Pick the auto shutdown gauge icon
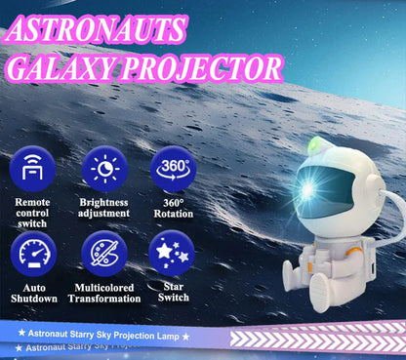pyautogui.click(x=32, y=254)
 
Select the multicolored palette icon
pyautogui.click(x=103, y=254)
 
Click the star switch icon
pyautogui.click(x=173, y=254)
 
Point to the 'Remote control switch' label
pyautogui.click(x=32, y=213)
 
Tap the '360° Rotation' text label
pyautogui.click(x=173, y=208)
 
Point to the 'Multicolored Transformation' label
pyautogui.click(x=103, y=293)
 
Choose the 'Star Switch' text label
pyautogui.click(x=173, y=293)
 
